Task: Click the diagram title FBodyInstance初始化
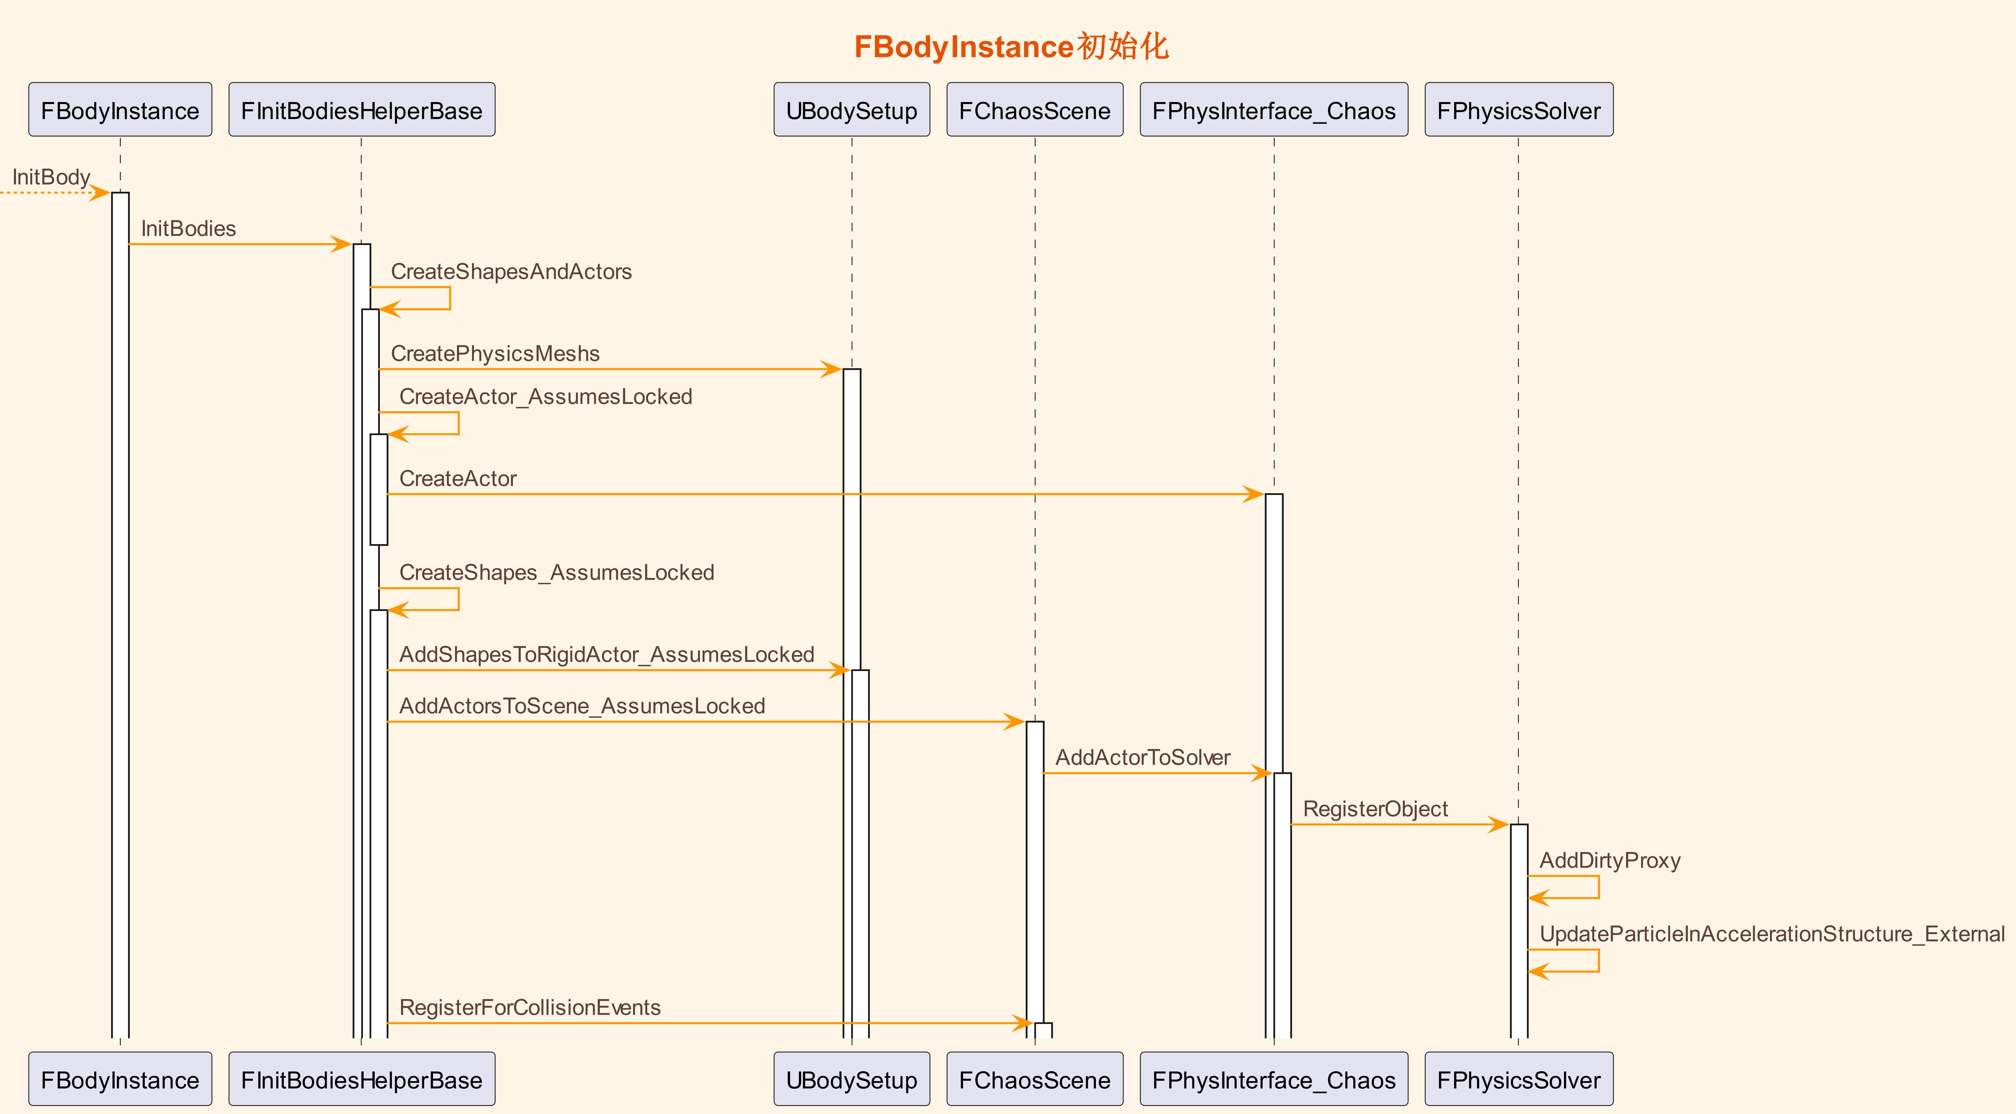[1011, 47]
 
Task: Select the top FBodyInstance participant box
[120, 110]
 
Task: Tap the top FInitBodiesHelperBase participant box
[362, 110]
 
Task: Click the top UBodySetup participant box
[852, 110]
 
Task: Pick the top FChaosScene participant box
[1035, 110]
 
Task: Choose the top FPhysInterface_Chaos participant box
[1274, 110]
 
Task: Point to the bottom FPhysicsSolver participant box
[1519, 1079]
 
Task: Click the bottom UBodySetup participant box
[852, 1079]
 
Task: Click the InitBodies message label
[189, 229]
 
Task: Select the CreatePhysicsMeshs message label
[495, 354]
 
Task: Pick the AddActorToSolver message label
[1143, 758]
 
